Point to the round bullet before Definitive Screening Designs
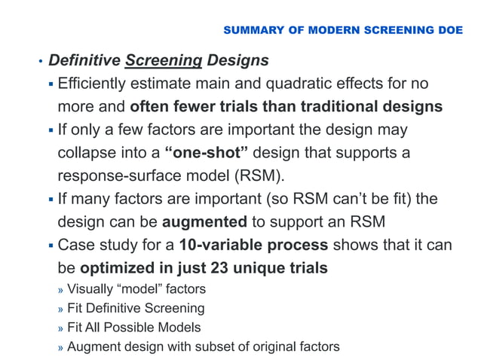click(41, 61)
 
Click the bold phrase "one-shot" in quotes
click(207, 153)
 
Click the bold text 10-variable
click(221, 245)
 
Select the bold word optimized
click(120, 268)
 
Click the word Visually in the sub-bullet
click(90, 288)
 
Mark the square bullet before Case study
click(51, 246)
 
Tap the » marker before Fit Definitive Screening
click(61, 309)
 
